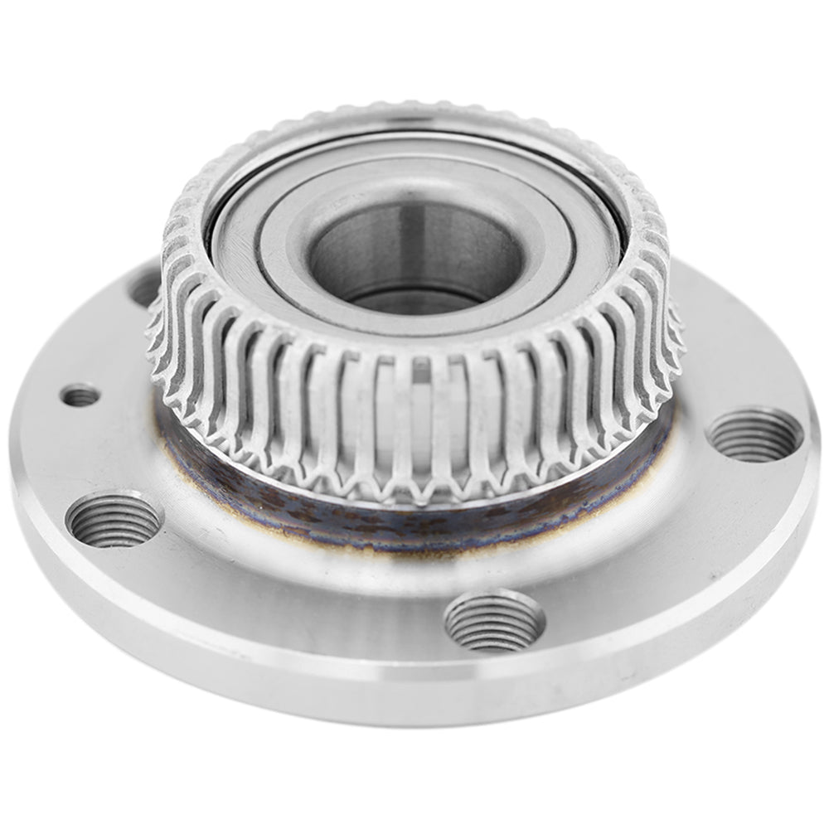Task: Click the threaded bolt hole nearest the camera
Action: click(x=494, y=620)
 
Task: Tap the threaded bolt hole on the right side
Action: click(x=754, y=434)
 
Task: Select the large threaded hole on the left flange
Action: click(x=114, y=519)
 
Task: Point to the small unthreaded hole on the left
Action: click(x=80, y=396)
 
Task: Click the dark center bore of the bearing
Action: click(x=414, y=257)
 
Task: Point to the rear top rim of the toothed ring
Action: click(x=414, y=112)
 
